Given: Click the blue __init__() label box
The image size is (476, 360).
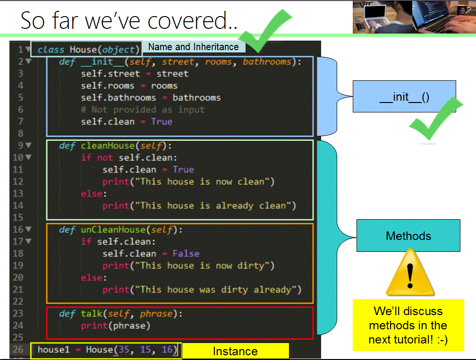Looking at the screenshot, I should tap(404, 96).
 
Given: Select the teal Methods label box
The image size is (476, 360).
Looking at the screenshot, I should tap(408, 235).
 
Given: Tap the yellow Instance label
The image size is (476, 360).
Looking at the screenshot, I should tap(235, 351).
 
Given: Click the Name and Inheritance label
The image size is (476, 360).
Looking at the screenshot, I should tap(193, 47).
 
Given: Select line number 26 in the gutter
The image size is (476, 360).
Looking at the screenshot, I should tap(18, 350).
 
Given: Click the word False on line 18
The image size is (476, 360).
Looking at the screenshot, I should tap(186, 254).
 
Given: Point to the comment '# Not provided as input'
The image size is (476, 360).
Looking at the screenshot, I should tap(143, 110).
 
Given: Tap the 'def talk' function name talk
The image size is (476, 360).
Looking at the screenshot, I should tap(92, 314).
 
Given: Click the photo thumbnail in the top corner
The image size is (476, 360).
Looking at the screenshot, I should tap(414, 17).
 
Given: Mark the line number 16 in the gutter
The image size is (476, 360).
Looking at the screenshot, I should tap(18, 230).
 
